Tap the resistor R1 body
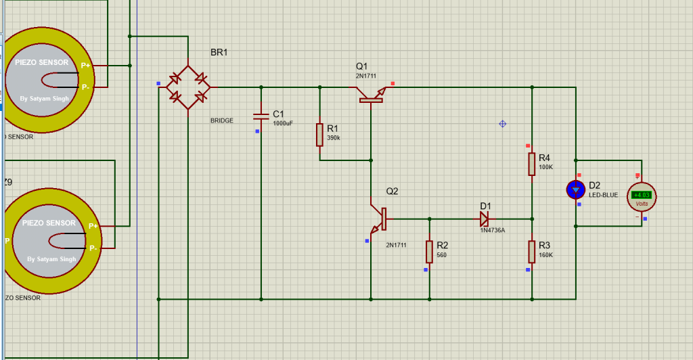[319, 135]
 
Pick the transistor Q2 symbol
[378, 218]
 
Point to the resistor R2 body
[429, 251]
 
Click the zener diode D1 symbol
[484, 219]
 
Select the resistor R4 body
[532, 163]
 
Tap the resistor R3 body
[532, 251]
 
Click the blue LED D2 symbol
[576, 189]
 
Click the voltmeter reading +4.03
[640, 195]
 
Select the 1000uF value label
[283, 124]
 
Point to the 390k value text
[334, 138]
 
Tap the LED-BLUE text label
[603, 196]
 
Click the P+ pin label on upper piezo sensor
[85, 66]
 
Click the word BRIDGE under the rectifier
[222, 120]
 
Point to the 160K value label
[546, 255]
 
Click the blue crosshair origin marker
[502, 124]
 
